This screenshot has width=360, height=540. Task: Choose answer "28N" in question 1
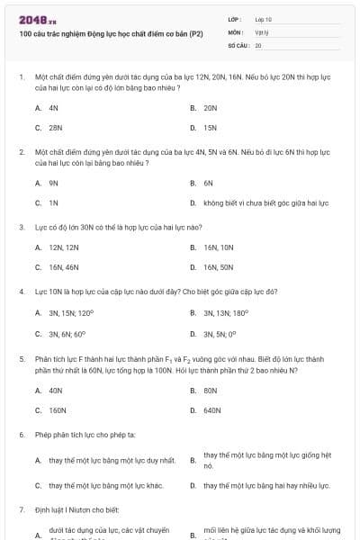tap(55, 128)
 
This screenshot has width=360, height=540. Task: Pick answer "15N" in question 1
tap(210, 128)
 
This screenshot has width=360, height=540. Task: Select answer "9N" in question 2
tap(53, 183)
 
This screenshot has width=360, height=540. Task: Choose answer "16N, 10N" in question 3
tap(218, 247)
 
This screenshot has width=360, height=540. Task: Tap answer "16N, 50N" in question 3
tap(218, 267)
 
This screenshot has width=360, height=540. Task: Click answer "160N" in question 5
tap(57, 410)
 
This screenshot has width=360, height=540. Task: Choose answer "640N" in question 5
tap(211, 410)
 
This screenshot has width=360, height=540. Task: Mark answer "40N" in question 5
tap(55, 390)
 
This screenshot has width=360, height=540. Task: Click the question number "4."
tap(22, 292)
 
